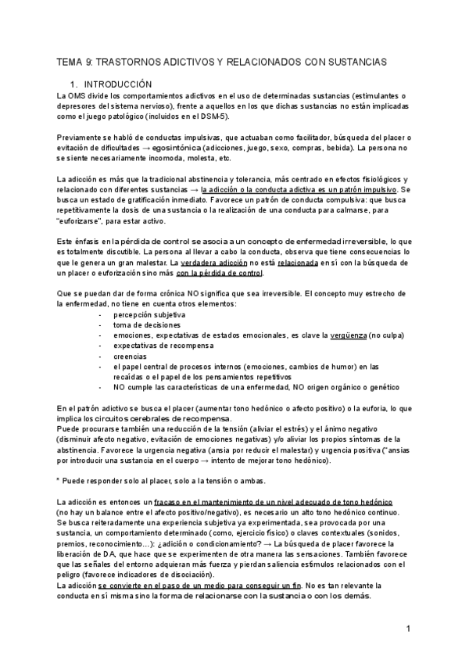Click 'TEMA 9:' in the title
76,61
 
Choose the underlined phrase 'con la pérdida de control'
220,274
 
